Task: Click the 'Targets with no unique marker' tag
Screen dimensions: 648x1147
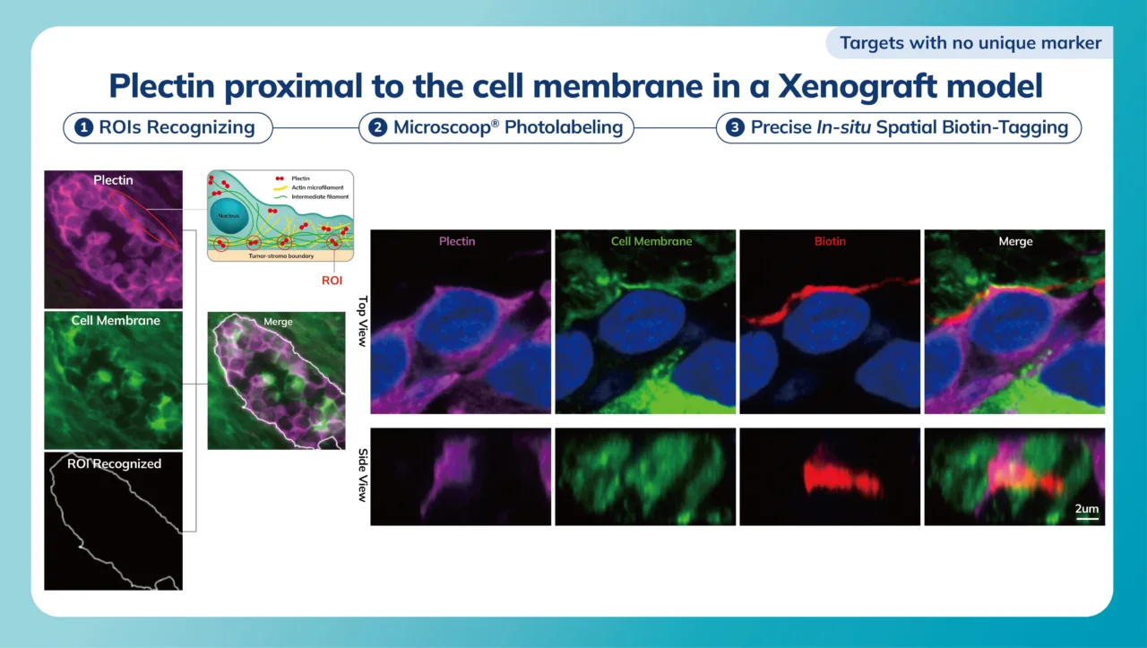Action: click(970, 42)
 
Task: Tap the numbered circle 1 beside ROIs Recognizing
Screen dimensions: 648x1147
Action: click(84, 127)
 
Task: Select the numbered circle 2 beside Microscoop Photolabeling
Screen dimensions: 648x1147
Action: click(378, 127)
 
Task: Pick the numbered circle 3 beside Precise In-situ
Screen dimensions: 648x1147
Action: click(735, 127)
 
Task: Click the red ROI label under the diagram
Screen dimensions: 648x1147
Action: click(332, 280)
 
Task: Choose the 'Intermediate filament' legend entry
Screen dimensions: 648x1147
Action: click(320, 196)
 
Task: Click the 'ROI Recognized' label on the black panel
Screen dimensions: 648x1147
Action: click(114, 463)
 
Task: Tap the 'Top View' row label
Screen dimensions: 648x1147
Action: click(363, 322)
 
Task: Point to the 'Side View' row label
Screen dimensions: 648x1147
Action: click(363, 475)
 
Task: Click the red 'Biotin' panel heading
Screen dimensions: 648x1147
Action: click(830, 241)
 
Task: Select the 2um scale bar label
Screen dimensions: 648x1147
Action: click(1087, 508)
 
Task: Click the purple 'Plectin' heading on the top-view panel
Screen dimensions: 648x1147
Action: click(457, 241)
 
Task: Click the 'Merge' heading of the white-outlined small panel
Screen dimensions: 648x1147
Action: click(278, 322)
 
